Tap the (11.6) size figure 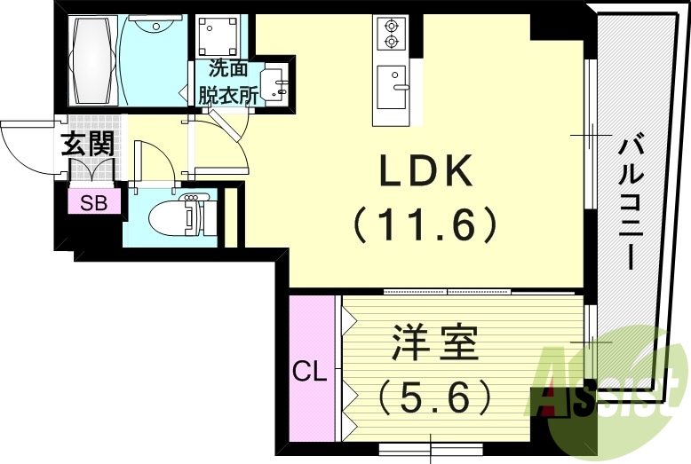pyautogui.click(x=425, y=225)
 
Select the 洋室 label pyautogui.click(x=434, y=342)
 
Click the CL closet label pyautogui.click(x=310, y=370)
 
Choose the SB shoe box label pyautogui.click(x=93, y=202)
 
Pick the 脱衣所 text pyautogui.click(x=227, y=94)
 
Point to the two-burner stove pyautogui.click(x=391, y=34)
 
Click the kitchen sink pyautogui.click(x=391, y=85)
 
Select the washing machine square pyautogui.click(x=218, y=36)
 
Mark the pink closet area pyautogui.click(x=310, y=368)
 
